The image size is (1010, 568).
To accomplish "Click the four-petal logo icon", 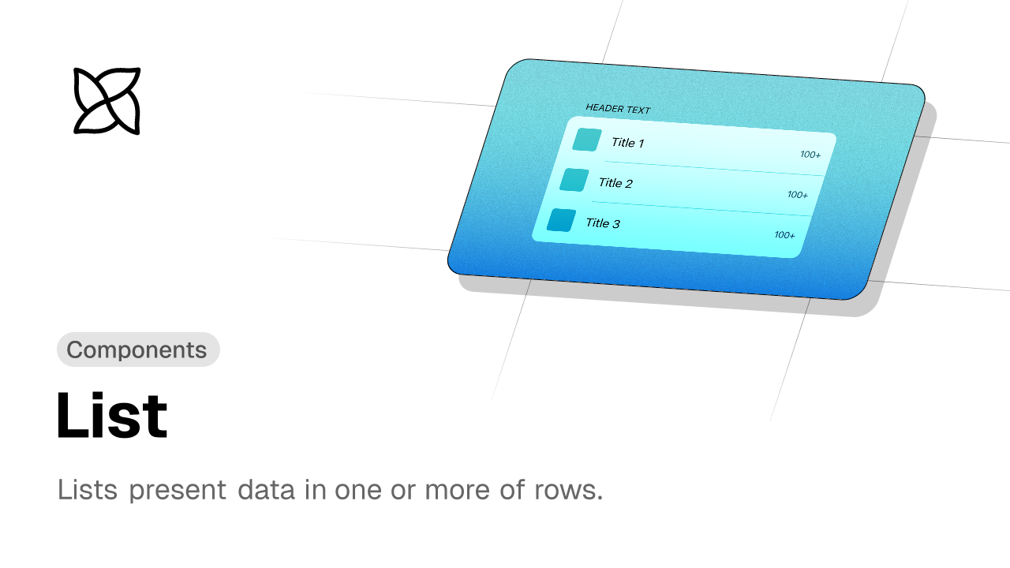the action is [107, 101].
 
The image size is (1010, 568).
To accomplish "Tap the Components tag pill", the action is [138, 349].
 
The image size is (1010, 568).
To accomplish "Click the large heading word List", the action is [112, 415].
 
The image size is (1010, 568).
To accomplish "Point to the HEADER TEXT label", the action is [618, 109].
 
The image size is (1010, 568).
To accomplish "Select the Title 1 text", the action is [627, 143].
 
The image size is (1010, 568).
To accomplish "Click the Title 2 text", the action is [615, 182].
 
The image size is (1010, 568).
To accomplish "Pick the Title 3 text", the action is [603, 222].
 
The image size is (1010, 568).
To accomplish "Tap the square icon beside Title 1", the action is [587, 140].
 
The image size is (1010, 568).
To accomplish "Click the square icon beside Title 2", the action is [574, 180].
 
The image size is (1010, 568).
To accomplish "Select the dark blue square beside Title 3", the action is [561, 220].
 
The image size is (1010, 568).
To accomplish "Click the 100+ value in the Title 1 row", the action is [810, 155].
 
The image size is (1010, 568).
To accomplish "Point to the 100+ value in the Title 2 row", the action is [798, 195].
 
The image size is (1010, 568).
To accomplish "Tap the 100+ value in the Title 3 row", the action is [784, 235].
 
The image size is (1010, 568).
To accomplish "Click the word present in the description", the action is [178, 491].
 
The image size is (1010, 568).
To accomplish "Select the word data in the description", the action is [266, 489].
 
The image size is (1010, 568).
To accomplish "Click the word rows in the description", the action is [569, 491].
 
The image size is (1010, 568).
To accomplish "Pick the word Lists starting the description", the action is [88, 489].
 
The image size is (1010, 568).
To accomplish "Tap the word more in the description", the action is [457, 491].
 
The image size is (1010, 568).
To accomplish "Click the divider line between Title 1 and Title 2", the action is [714, 168].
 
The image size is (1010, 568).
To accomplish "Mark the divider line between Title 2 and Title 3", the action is [701, 209].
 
